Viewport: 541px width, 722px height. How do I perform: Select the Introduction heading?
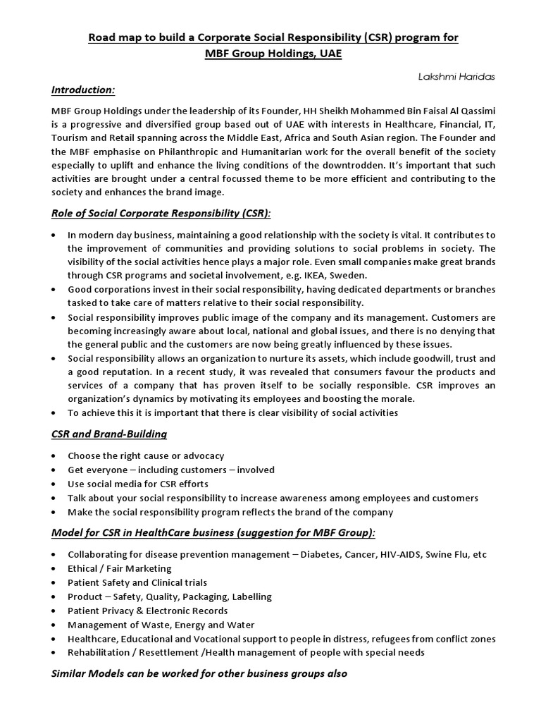(83, 90)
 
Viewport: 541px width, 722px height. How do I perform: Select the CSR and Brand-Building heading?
(109, 434)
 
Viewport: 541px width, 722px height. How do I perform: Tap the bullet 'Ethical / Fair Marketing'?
(120, 568)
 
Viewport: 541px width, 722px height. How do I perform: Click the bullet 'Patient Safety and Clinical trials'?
(137, 582)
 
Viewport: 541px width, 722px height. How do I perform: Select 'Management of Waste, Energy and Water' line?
(161, 625)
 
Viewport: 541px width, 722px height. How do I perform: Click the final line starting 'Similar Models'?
(200, 673)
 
